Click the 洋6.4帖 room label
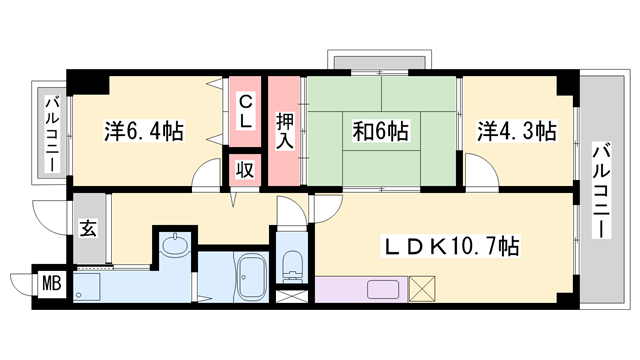144,131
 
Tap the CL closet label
245,110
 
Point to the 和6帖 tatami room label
379,131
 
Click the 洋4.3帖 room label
516,131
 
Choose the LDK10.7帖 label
451,245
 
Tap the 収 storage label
245,169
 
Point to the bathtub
250,276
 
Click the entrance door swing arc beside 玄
47,212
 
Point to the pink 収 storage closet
245,169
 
